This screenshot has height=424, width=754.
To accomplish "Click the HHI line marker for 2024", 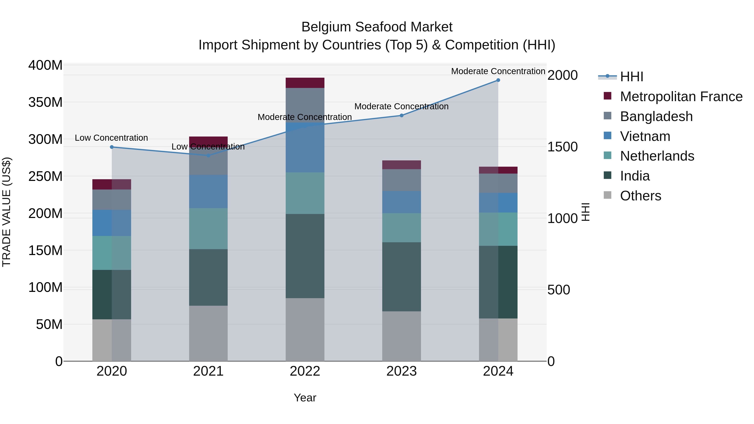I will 498,80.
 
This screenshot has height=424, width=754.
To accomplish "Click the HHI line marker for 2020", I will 112,147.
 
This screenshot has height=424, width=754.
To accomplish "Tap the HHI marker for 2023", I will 402,115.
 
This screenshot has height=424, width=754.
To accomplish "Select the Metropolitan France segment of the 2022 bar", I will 305,83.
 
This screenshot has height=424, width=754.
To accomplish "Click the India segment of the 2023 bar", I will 402,277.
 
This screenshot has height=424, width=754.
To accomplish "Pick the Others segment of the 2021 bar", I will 208,333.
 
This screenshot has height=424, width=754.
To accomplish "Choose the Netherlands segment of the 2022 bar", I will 305,193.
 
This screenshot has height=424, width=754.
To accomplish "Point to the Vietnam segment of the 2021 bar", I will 208,191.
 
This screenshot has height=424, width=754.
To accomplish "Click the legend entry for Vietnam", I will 645,136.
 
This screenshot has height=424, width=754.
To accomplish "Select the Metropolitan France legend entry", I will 681,97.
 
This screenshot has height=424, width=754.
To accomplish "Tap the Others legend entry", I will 640,196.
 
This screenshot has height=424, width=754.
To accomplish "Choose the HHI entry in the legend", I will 631,77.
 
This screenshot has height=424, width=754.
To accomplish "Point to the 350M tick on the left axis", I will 45,102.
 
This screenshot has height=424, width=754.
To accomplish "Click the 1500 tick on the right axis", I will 562,147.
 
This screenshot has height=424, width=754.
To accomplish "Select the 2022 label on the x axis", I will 305,371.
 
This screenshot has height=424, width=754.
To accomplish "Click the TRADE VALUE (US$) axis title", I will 6,212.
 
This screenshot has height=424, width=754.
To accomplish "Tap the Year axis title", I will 305,398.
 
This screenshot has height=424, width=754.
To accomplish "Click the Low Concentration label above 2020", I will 111,138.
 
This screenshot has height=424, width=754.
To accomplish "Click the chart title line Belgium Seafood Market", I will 377,27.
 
